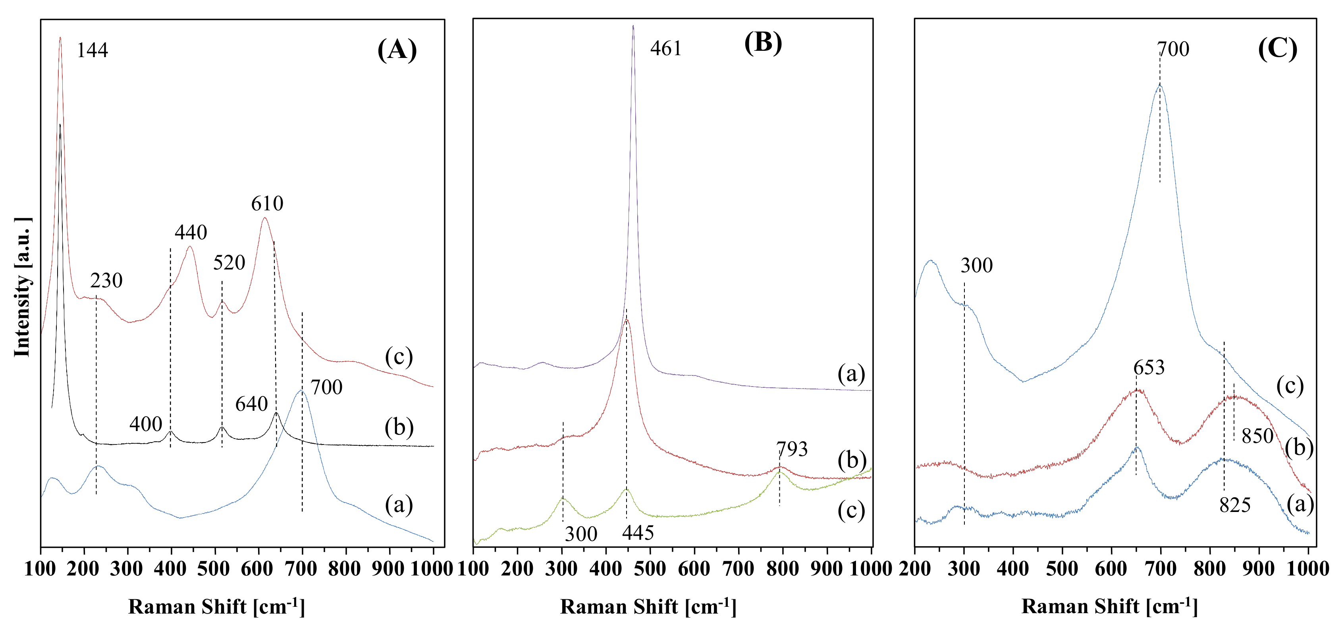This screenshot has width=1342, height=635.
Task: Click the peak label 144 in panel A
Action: pyautogui.click(x=92, y=50)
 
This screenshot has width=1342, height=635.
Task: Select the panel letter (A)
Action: pyautogui.click(x=397, y=50)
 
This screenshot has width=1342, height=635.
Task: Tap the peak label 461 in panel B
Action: pyautogui.click(x=666, y=48)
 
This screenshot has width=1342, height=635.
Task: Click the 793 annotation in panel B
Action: pyautogui.click(x=792, y=449)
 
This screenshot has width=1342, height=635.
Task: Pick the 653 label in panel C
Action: pyautogui.click(x=1149, y=368)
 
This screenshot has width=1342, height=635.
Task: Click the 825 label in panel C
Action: pyautogui.click(x=1235, y=505)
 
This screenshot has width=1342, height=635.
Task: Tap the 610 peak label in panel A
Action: pyautogui.click(x=267, y=204)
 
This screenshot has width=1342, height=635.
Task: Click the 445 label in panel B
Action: pyautogui.click(x=638, y=533)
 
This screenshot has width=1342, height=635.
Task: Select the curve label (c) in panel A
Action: pyautogui.click(x=399, y=357)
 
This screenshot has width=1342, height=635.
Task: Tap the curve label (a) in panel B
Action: pyautogui.click(x=851, y=373)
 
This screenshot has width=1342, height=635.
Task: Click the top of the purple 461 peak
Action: pyautogui.click(x=633, y=26)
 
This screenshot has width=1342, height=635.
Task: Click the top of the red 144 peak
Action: pyautogui.click(x=60, y=38)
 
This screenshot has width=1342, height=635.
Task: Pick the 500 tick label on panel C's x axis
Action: pyautogui.click(x=1062, y=569)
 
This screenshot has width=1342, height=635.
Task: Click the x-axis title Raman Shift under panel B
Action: pyautogui.click(x=648, y=607)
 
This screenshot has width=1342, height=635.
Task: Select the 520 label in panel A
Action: pyautogui.click(x=229, y=263)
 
